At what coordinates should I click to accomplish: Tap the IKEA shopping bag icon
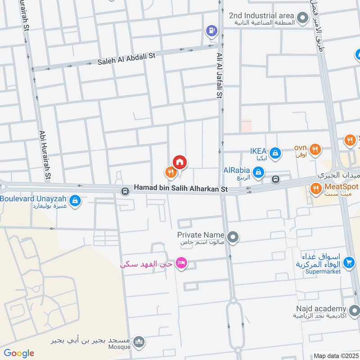tap(276, 153)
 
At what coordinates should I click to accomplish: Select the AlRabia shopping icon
tap(258, 171)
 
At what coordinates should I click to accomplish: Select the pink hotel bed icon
tap(181, 263)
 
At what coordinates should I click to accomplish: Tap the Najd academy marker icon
tap(354, 310)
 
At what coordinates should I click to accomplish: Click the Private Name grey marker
tap(233, 236)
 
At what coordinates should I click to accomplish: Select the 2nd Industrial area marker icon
tap(302, 18)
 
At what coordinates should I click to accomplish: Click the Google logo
tap(19, 353)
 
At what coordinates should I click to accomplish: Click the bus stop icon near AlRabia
tap(276, 179)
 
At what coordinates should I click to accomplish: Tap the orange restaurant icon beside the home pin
tap(170, 171)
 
